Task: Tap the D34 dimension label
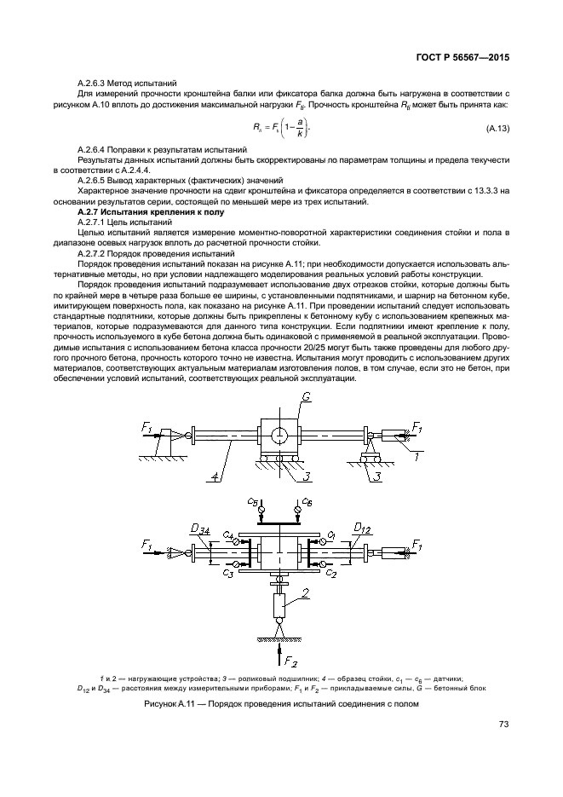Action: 200,530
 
